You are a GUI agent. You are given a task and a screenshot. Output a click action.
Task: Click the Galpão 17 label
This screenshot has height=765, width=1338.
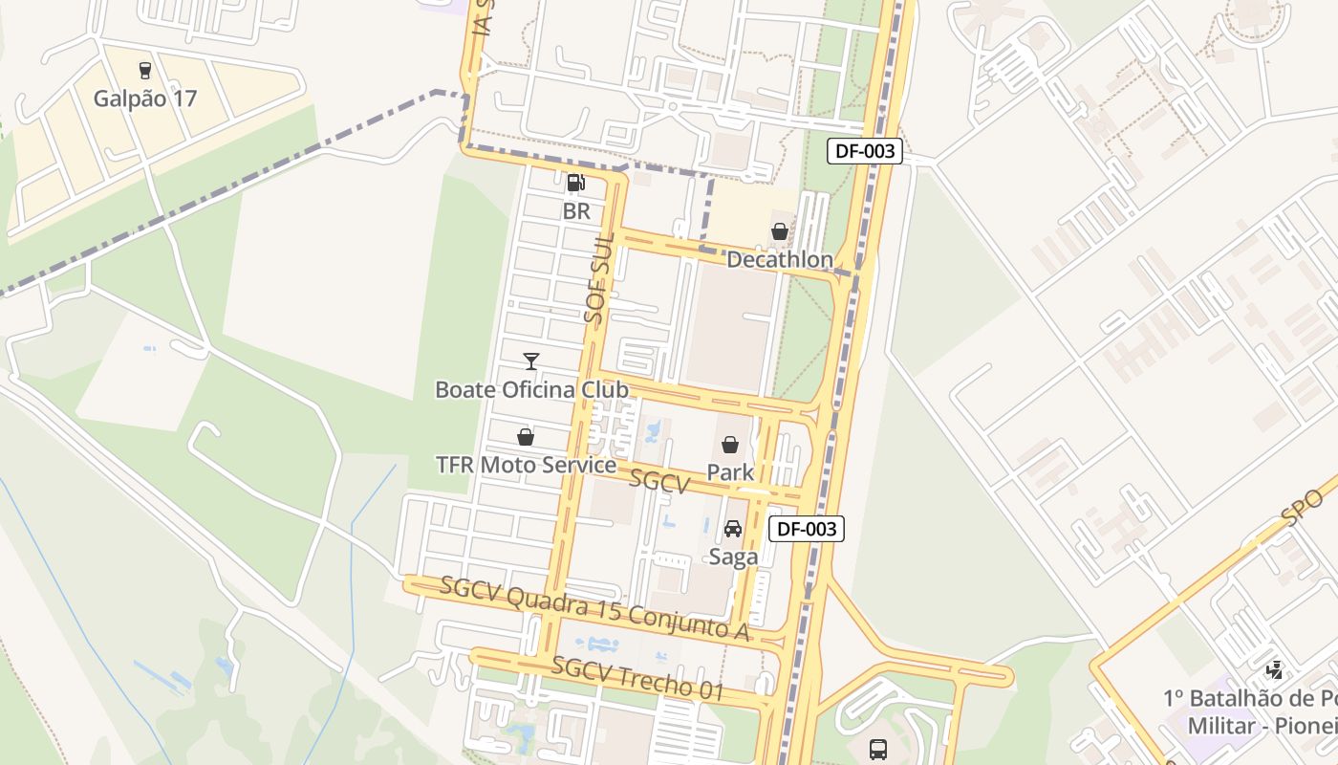click(145, 98)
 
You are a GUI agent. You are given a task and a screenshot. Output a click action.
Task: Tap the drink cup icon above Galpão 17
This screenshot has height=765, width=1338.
click(145, 70)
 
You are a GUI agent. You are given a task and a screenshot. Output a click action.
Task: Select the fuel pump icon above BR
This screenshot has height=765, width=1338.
click(575, 183)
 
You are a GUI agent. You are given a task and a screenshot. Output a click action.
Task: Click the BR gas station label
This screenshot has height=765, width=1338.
click(576, 211)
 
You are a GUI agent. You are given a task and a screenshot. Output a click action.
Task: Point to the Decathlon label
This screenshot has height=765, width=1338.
click(780, 260)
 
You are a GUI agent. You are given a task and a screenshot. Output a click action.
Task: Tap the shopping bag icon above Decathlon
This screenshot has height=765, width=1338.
click(780, 231)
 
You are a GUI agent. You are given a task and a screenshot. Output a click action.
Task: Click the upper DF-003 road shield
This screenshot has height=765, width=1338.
click(865, 150)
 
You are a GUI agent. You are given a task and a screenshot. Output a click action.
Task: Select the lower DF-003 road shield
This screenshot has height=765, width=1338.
click(807, 529)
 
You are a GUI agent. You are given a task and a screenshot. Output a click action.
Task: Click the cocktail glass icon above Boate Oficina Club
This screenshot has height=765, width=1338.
click(531, 361)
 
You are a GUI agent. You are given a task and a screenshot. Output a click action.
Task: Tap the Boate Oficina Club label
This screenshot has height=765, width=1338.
click(531, 390)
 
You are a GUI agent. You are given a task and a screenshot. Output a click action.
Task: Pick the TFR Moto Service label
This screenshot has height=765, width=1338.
click(526, 466)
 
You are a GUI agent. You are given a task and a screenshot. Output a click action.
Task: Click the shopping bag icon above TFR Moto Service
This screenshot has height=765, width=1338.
click(526, 437)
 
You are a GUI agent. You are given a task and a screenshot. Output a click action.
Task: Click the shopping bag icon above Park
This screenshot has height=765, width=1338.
click(730, 445)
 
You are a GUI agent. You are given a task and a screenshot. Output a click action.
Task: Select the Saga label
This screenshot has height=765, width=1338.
click(733, 557)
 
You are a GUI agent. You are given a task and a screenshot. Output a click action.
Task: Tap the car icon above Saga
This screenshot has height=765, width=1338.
click(733, 529)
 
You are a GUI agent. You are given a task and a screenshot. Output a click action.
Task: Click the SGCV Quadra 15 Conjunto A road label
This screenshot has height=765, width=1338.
click(593, 609)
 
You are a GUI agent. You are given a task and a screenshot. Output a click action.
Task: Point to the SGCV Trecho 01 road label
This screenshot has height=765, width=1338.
click(637, 678)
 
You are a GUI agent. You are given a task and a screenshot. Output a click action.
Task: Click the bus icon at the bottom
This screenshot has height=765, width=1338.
click(878, 750)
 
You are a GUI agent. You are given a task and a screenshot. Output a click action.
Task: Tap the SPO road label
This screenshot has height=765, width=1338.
click(1303, 507)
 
